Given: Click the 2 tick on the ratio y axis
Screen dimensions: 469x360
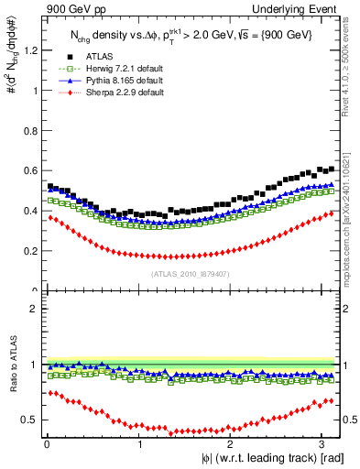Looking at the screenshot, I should point(35,309).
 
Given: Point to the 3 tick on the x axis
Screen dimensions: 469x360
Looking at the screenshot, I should point(321,443).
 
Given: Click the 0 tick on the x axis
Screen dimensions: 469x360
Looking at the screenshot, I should point(46,443).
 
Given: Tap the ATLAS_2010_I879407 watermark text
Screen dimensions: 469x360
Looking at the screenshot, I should point(191,273).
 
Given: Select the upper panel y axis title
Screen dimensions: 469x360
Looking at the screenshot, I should point(11,64).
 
